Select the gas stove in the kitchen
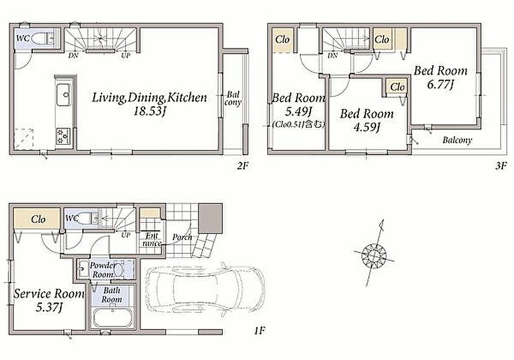63,136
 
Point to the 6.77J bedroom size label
441,85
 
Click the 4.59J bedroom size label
367,127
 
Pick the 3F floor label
500,166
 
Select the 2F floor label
243,166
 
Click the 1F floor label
259,330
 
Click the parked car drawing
204,289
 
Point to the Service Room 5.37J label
49,300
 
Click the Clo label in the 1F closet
38,219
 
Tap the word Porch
182,237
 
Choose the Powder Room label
103,270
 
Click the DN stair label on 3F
333,56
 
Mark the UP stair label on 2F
126,56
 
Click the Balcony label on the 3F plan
457,140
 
